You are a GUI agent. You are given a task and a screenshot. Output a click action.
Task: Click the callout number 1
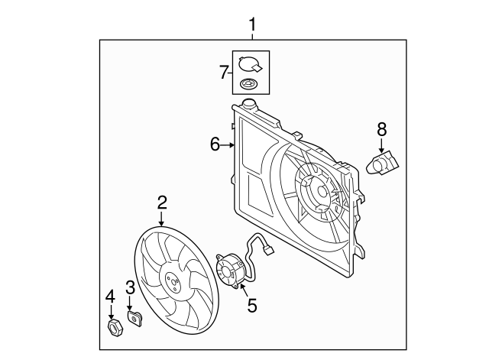tap(252, 28)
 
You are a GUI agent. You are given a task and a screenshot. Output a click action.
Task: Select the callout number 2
tap(162, 203)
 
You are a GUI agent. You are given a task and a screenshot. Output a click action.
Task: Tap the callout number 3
tap(131, 287)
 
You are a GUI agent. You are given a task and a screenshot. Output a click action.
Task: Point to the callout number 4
tap(110, 296)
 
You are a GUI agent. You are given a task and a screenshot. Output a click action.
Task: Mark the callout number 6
tap(215, 144)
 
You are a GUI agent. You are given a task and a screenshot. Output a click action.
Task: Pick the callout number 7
tap(224, 73)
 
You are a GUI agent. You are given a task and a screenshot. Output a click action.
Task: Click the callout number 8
tap(382, 129)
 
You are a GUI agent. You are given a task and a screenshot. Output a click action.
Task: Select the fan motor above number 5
tap(231, 271)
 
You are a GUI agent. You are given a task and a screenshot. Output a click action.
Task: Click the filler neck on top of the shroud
tap(249, 103)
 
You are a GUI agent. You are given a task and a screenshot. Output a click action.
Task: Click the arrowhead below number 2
tap(162, 222)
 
